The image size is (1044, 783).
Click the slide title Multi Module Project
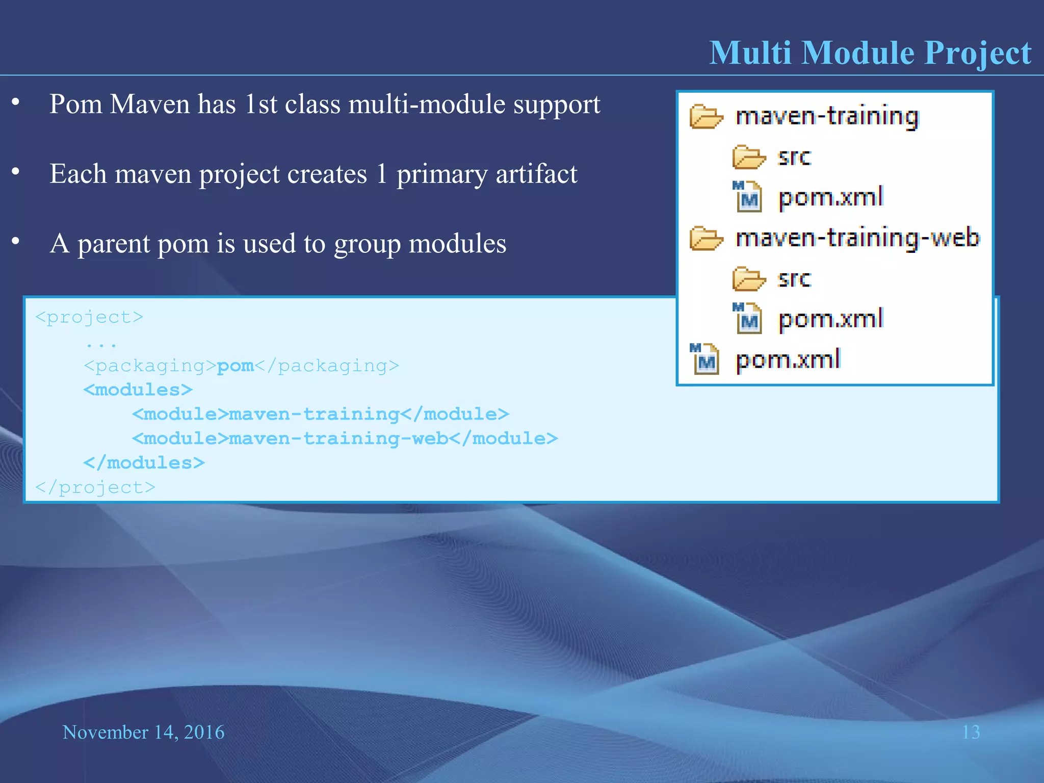point(870,53)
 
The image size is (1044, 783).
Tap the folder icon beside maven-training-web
point(706,239)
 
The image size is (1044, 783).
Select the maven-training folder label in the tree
point(827,116)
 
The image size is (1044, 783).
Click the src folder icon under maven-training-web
point(748,279)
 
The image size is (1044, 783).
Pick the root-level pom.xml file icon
point(704,359)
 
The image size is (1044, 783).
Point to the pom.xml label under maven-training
point(830,197)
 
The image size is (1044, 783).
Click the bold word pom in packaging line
point(235,366)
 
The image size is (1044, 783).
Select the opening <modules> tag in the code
point(138,390)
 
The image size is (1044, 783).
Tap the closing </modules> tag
point(144,463)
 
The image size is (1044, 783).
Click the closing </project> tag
point(95,487)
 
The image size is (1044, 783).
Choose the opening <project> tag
point(89,317)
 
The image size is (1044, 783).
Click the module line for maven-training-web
point(345,438)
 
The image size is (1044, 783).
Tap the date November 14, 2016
point(143,732)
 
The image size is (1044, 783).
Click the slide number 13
point(971,732)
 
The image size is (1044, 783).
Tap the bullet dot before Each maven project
point(16,172)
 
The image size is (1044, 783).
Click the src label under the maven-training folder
point(794,156)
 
